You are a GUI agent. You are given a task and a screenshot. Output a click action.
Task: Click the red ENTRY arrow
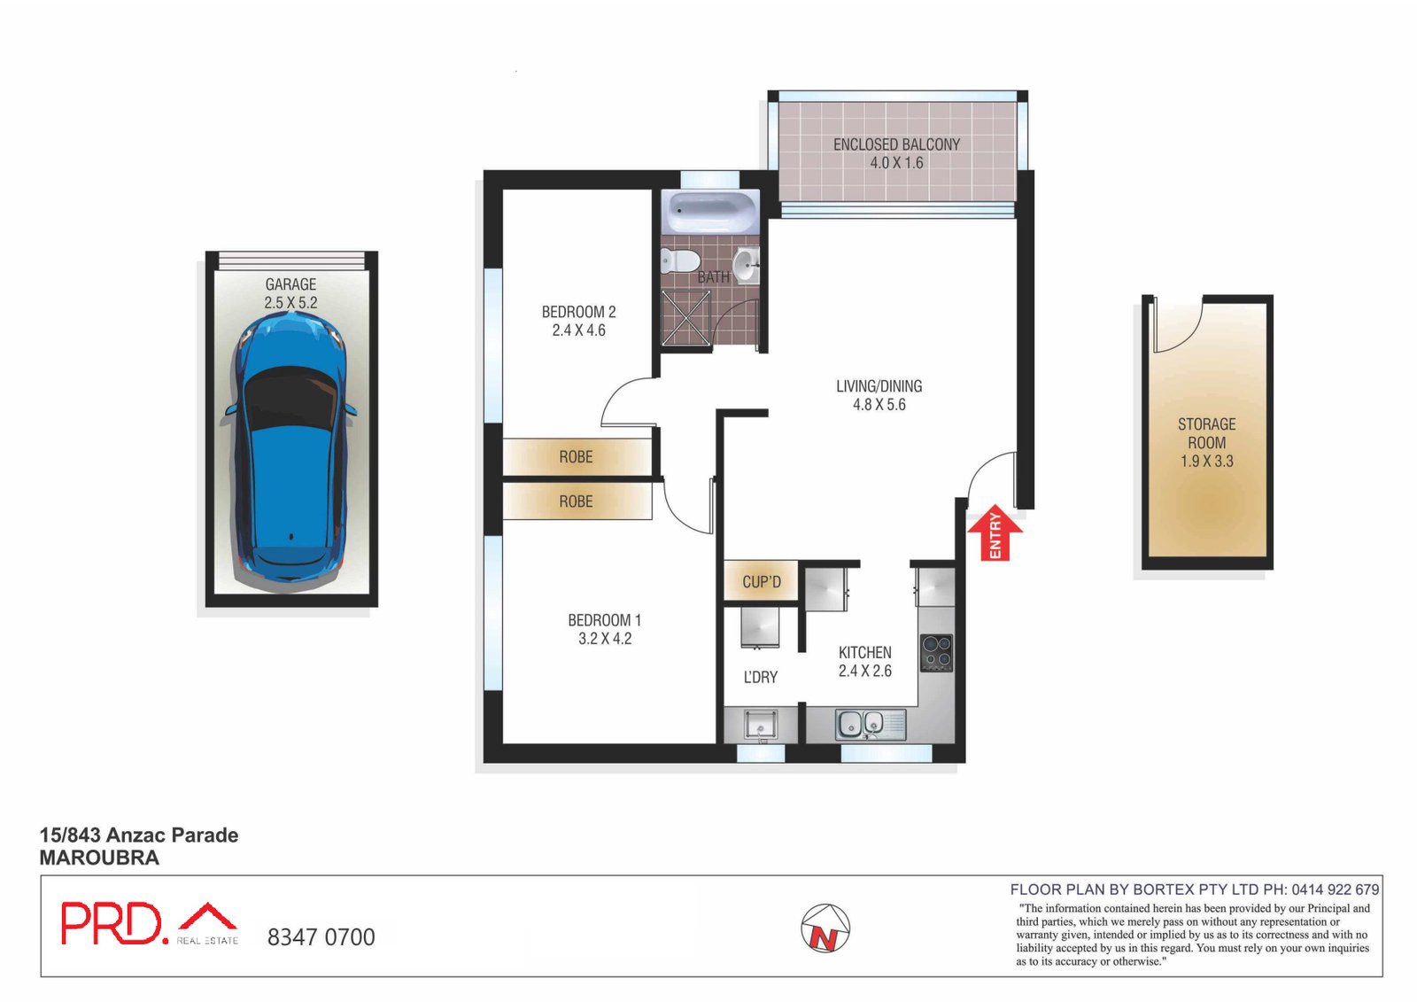pos(995,532)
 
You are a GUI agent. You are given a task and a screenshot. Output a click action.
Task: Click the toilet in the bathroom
pos(679,260)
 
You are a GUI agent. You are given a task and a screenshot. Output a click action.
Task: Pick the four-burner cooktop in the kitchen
pos(936,653)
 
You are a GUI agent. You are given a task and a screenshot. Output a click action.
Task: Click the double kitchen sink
pos(871,724)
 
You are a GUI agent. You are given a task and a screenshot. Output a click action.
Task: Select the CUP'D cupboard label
pos(762,581)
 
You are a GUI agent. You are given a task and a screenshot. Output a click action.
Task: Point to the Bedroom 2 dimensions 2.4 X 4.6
pos(579,330)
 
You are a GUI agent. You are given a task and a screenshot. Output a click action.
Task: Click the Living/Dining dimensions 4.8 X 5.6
pos(879,405)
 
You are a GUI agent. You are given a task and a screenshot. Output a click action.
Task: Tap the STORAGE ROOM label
pos(1206,433)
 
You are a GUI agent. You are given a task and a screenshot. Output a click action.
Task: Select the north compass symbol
pos(825,928)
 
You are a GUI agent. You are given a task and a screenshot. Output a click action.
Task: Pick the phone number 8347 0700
pos(321,936)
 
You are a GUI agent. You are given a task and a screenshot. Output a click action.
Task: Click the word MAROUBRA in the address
pos(99,858)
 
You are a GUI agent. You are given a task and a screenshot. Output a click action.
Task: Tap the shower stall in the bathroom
pos(685,318)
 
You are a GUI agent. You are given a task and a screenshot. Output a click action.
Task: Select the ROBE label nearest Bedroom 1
pos(576,501)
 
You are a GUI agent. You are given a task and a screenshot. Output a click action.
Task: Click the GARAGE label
pos(290,284)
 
